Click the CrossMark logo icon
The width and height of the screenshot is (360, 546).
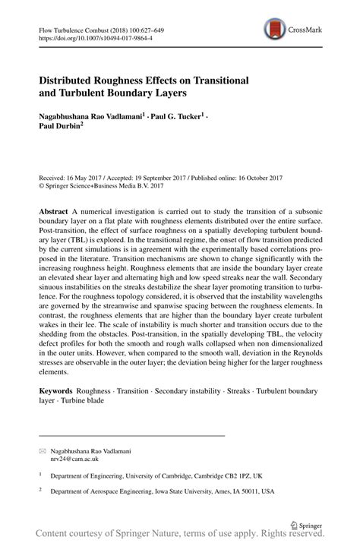pos(273,30)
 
